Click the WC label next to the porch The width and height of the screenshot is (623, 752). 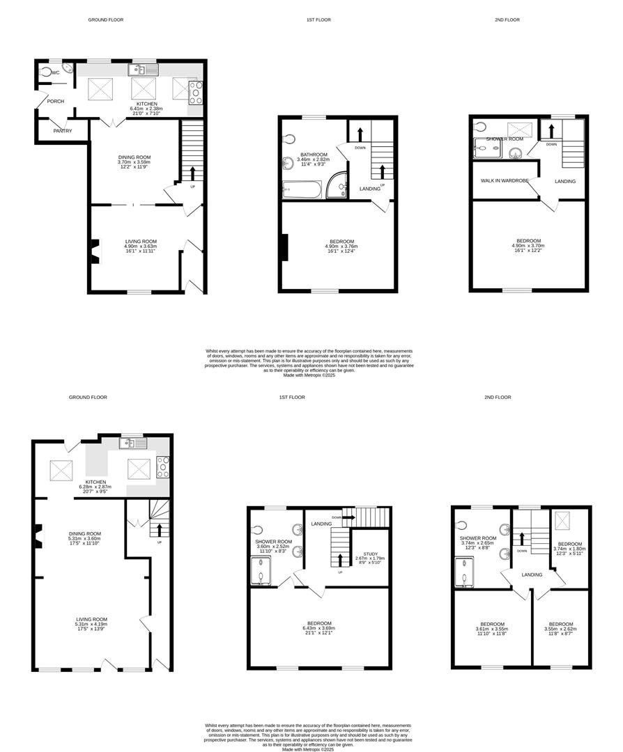click(56, 72)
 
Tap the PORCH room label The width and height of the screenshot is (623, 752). click(55, 102)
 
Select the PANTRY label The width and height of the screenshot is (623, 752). click(63, 131)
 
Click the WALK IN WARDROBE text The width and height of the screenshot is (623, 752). click(505, 181)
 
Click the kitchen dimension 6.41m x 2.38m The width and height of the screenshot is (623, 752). click(146, 109)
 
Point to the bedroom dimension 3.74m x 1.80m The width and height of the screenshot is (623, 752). click(569, 549)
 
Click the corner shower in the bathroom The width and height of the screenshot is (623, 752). click(337, 185)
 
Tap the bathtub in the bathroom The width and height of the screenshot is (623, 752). click(302, 189)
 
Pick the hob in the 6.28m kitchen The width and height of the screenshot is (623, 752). click(164, 467)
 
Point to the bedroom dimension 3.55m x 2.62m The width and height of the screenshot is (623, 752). click(560, 629)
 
